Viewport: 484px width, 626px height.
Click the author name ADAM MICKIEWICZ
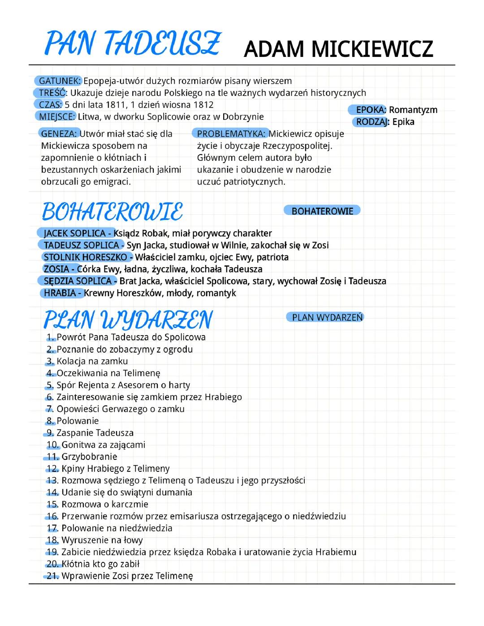click(x=338, y=49)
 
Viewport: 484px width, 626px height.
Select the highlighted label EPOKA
click(x=370, y=110)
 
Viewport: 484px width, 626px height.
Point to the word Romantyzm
click(x=413, y=110)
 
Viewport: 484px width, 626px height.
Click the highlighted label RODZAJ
click(x=372, y=122)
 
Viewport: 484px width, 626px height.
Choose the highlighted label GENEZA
click(x=60, y=134)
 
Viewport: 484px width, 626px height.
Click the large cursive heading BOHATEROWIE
click(x=112, y=212)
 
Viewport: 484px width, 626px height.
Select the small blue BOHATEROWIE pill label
click(x=322, y=211)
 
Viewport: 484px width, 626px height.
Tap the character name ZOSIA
click(x=56, y=269)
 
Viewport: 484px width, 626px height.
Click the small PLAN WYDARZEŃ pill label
click(x=327, y=317)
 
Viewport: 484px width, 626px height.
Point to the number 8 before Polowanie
click(x=49, y=421)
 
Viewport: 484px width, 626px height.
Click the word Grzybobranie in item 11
click(x=89, y=457)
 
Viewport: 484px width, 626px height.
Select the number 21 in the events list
click(x=52, y=576)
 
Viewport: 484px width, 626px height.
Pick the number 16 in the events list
click(x=52, y=516)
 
